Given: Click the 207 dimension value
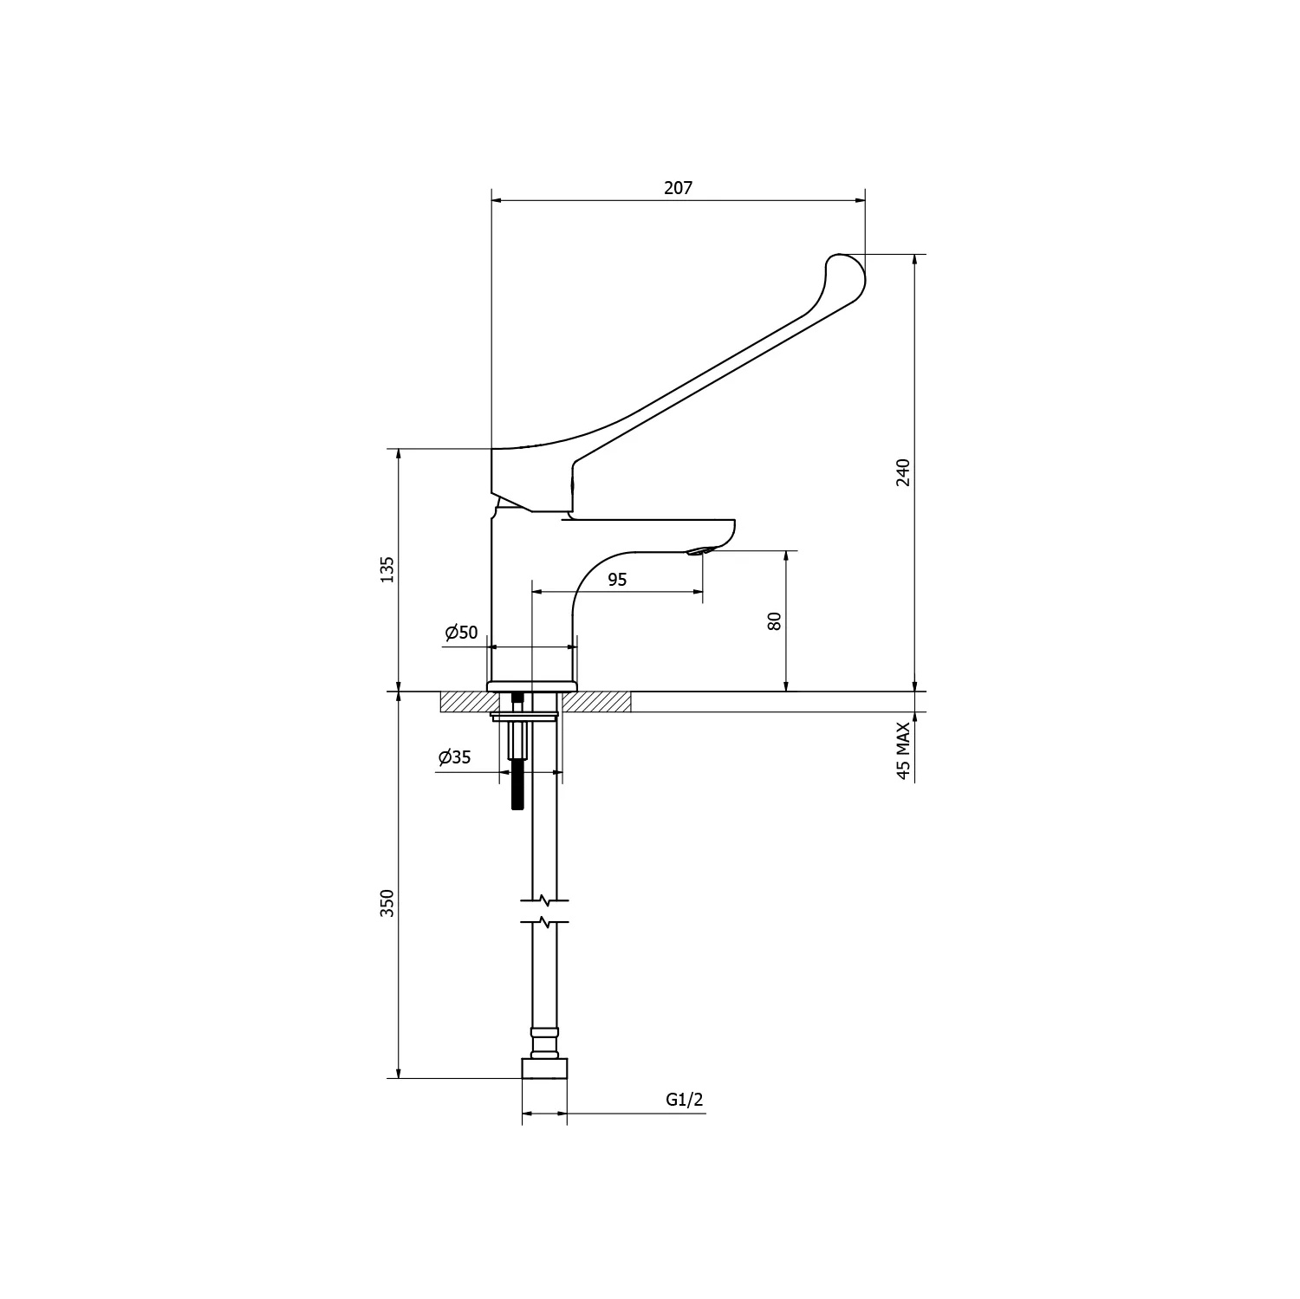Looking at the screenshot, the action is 679,187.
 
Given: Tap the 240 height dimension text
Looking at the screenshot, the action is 903,472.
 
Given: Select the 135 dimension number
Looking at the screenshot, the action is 387,569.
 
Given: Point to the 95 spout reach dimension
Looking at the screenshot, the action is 617,580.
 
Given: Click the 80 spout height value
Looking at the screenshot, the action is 775,620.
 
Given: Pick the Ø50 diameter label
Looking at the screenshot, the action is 461,633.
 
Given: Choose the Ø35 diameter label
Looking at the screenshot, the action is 455,757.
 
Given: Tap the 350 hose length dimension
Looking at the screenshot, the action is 387,903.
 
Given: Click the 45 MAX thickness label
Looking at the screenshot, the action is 903,751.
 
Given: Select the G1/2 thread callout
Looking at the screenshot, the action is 685,1100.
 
